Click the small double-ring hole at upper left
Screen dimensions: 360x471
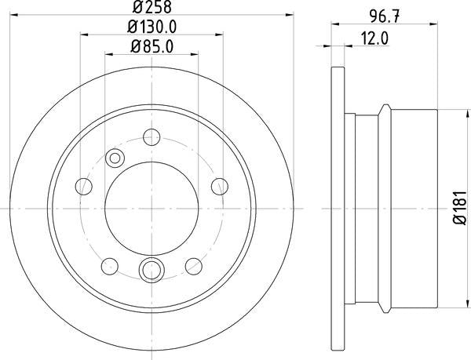tap(115, 158)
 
